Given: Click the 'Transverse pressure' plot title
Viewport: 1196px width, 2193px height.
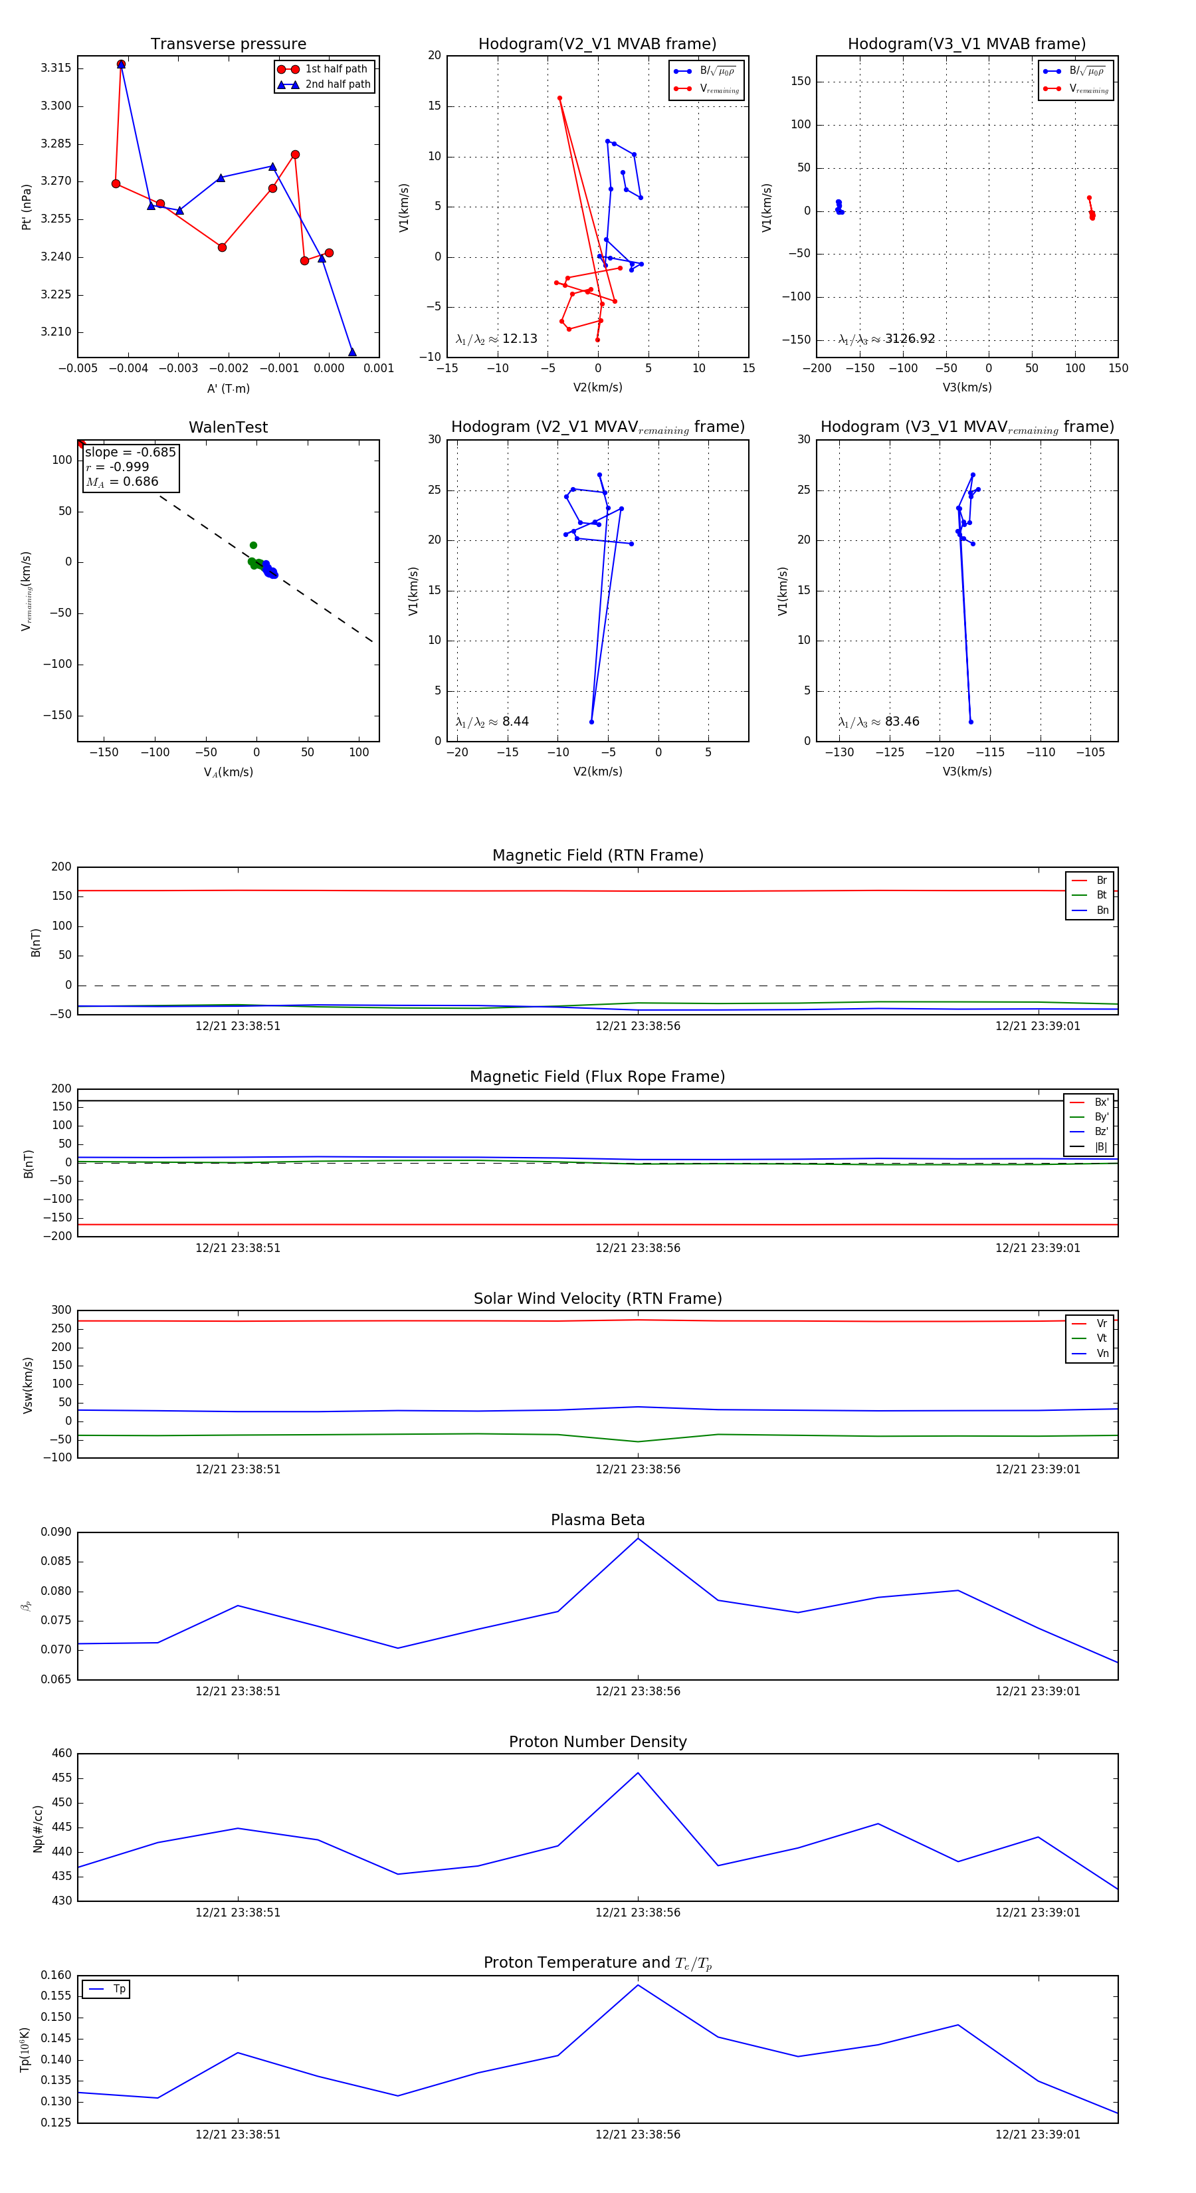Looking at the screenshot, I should (x=228, y=45).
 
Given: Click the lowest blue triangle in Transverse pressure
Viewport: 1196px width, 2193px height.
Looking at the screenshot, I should (x=352, y=352).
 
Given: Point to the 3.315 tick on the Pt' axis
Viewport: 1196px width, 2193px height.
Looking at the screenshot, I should (x=56, y=68).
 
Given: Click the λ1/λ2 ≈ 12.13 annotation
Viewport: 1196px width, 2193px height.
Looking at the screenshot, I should (x=496, y=339).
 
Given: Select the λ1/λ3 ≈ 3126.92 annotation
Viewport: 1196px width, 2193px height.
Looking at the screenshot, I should (x=886, y=339).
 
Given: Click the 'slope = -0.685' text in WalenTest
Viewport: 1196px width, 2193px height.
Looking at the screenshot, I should (x=130, y=452).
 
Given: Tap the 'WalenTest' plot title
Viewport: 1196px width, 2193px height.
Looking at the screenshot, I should (x=228, y=427).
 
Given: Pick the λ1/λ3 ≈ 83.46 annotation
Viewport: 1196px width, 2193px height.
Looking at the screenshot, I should (x=878, y=722).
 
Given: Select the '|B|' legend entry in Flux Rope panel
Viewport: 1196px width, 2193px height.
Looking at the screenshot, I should (x=1100, y=1147).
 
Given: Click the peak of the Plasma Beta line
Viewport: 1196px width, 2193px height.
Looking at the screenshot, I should (x=638, y=1538).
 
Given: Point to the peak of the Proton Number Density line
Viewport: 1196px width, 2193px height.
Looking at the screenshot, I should (x=638, y=1773).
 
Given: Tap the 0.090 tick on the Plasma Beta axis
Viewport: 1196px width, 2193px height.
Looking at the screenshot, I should (x=56, y=1532).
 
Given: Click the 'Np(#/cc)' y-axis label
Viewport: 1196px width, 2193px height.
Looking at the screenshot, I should (x=37, y=1827).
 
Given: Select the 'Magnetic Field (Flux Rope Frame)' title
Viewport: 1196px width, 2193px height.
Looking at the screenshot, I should (x=597, y=1077).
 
